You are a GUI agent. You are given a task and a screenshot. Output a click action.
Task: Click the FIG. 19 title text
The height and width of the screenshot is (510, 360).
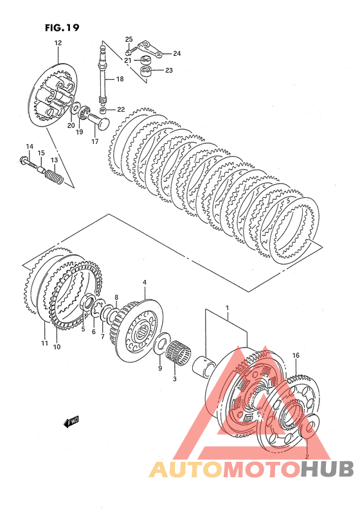click(62, 28)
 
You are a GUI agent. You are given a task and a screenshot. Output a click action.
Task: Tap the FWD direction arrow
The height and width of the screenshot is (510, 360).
click(71, 421)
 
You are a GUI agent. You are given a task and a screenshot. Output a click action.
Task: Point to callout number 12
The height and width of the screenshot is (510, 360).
click(58, 43)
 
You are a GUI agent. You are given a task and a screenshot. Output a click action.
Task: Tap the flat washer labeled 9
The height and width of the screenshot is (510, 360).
click(161, 343)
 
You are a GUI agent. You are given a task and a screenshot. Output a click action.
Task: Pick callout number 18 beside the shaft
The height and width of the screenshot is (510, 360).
click(120, 79)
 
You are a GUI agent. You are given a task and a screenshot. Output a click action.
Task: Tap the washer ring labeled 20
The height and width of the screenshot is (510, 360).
click(75, 110)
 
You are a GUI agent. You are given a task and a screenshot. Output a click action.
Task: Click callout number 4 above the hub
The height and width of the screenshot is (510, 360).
click(145, 283)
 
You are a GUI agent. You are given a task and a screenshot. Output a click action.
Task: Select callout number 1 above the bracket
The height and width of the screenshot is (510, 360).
click(227, 308)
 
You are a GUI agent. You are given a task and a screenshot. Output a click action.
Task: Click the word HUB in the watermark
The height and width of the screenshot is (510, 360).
click(327, 470)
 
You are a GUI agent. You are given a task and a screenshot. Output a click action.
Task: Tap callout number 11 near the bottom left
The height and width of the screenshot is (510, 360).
click(44, 343)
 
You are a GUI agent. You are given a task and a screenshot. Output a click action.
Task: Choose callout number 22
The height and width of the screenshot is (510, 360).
click(121, 110)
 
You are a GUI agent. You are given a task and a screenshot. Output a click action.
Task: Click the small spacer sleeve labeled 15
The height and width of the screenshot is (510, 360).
click(41, 169)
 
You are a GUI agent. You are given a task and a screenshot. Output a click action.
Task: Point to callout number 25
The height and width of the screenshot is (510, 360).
click(129, 39)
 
